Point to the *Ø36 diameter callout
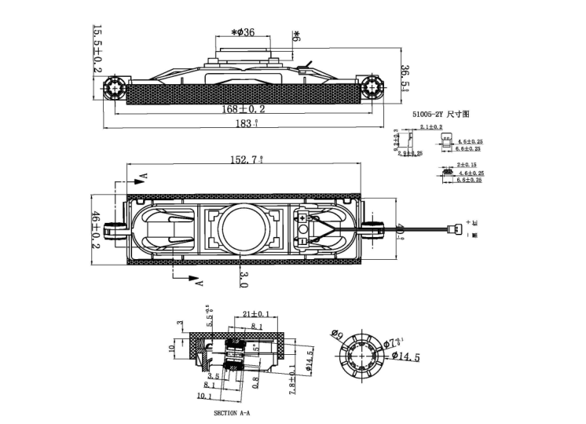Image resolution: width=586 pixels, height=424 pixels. (x=243, y=32)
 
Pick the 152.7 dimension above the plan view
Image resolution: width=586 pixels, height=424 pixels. (x=246, y=159)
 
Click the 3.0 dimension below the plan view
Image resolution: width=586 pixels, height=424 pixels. (x=244, y=276)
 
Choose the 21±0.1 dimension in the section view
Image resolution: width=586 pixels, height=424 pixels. (x=255, y=314)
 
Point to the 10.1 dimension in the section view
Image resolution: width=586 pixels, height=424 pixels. (x=203, y=397)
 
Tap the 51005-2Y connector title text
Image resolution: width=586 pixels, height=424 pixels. (x=441, y=115)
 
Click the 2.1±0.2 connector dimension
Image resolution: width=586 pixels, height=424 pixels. (x=430, y=126)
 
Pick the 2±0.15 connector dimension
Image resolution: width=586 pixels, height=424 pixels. (x=467, y=165)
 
